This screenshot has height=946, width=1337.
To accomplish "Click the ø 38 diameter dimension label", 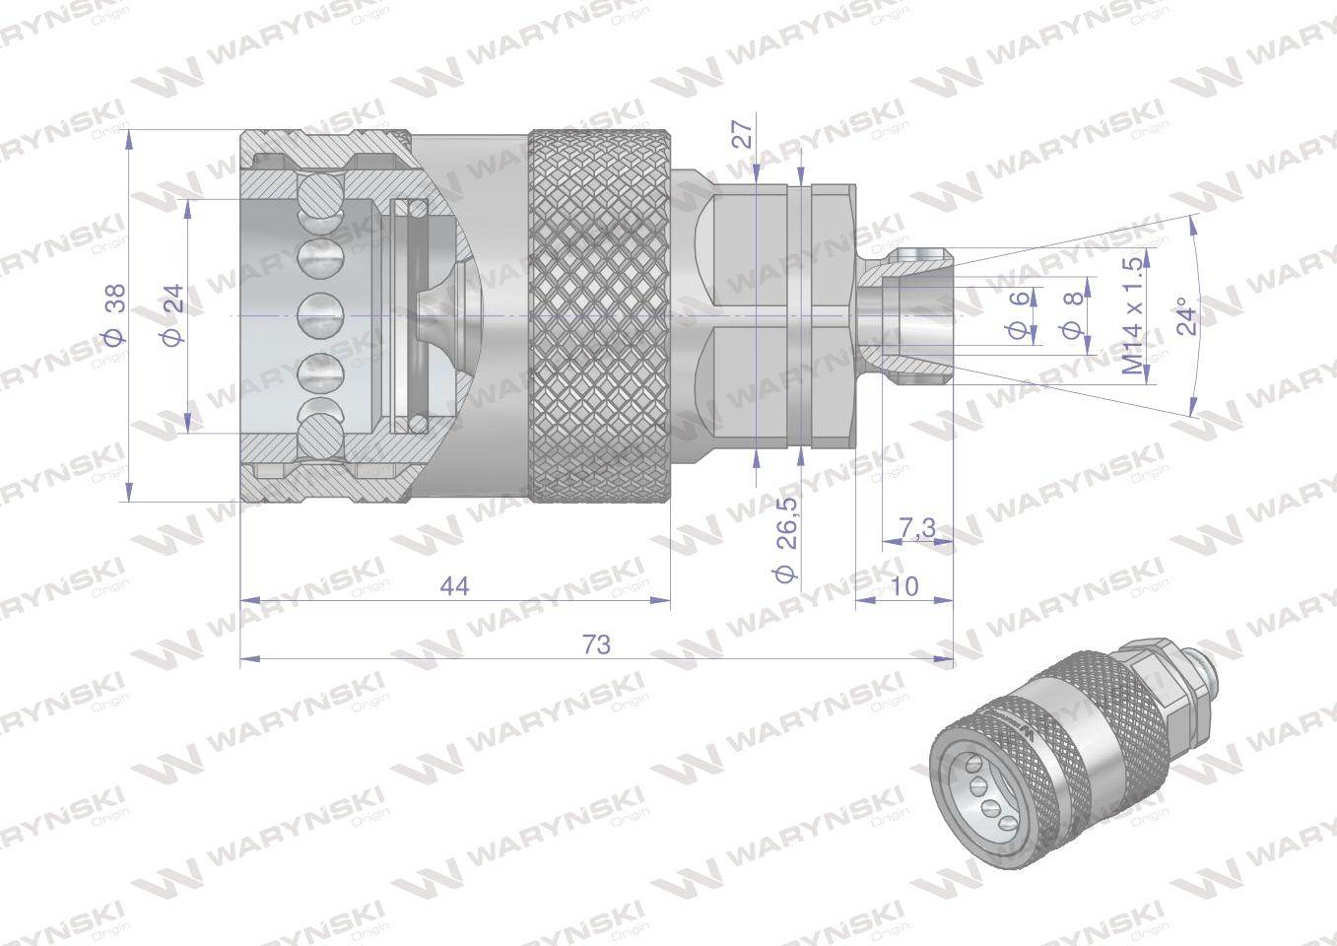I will pos(115,314).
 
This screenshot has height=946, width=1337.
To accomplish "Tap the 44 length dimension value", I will pos(454,586).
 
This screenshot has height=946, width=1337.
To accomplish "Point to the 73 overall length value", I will pos(596,645).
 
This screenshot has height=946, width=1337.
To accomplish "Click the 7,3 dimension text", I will pos(917,529).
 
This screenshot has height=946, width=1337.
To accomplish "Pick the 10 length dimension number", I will pos(903,586).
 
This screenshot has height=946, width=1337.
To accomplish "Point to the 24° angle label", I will pos(1189,315).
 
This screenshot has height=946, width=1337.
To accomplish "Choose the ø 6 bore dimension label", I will pos(1019,314).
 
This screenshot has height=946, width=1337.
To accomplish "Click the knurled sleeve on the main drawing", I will pos(600,315).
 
